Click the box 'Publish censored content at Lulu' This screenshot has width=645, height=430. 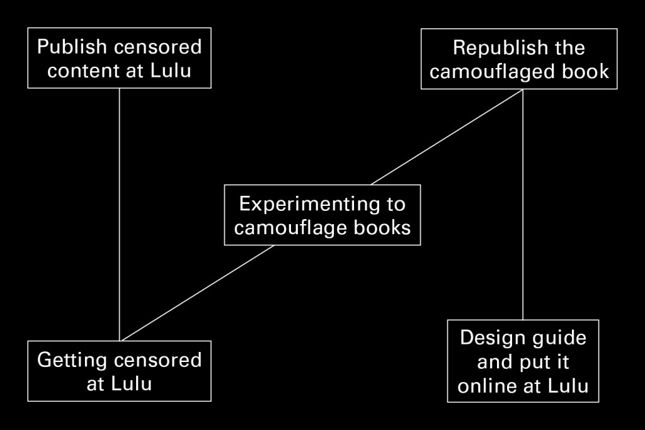click(x=119, y=58)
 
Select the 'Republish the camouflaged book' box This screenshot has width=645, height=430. click(x=519, y=59)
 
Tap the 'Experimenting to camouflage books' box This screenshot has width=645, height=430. click(x=322, y=215)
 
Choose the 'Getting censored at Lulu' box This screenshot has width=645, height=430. click(x=119, y=371)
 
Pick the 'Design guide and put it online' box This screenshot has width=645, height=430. click(x=523, y=361)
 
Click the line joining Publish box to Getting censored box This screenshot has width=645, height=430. click(x=119, y=215)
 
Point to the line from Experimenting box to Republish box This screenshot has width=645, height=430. click(x=447, y=137)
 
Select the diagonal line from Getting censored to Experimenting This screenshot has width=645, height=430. click(x=198, y=293)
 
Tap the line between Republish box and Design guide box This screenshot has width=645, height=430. click(x=523, y=205)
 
